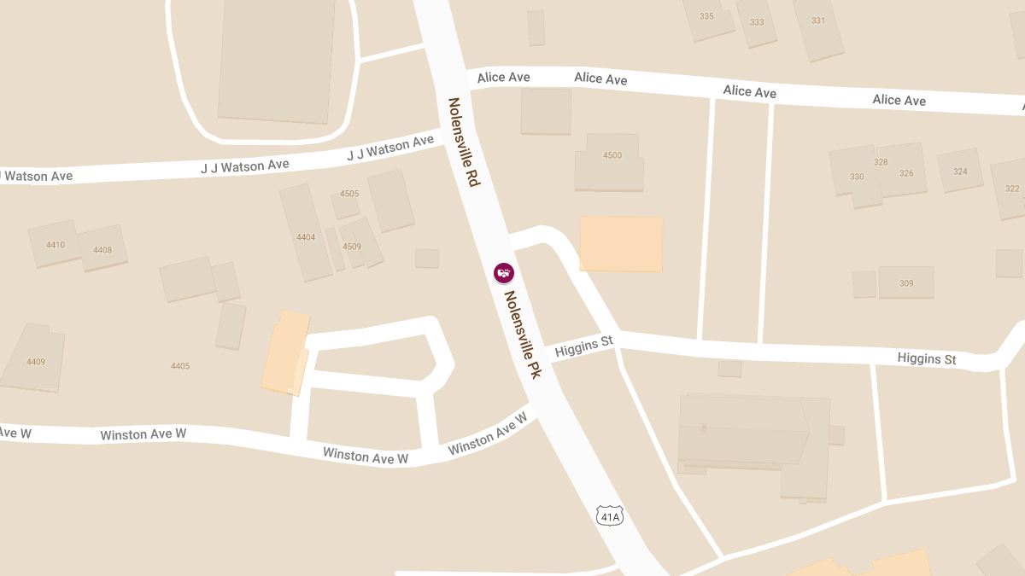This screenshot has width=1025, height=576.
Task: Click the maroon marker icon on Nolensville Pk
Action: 504,273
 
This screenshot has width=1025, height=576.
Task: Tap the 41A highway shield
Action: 609,516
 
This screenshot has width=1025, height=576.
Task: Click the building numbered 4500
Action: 612,155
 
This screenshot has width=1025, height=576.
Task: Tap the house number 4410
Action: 56,245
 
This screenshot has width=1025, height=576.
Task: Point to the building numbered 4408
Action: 102,250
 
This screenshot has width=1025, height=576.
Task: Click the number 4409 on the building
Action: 36,362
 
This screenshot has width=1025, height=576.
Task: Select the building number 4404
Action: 306,237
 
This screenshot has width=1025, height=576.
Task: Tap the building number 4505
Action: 349,194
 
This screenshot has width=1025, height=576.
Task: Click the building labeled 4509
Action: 352,247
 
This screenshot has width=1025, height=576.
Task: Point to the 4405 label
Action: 180,366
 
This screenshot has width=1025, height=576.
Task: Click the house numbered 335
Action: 706,16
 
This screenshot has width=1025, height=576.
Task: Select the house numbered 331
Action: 818,20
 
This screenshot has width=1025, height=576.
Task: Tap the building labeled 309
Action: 906,283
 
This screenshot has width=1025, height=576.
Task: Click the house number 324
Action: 960,172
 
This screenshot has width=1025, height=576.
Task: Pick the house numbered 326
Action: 906,173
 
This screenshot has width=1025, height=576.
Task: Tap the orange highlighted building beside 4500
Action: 621,244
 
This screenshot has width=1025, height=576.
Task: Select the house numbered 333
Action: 757,22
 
